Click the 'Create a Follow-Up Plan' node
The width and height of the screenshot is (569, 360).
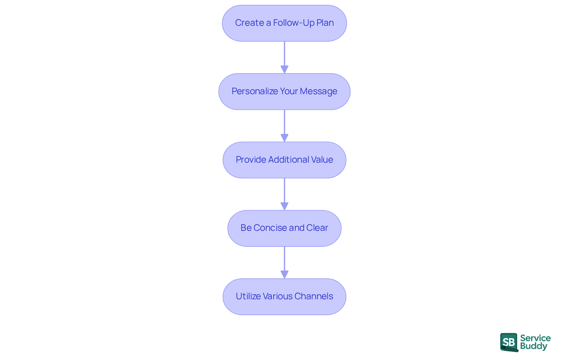tap(284, 23)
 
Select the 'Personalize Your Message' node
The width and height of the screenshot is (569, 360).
tap(284, 92)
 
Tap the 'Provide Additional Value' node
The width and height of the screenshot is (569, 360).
tap(284, 160)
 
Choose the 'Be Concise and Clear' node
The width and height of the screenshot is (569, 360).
tap(284, 228)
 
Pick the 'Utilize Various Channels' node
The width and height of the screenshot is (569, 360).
tap(284, 297)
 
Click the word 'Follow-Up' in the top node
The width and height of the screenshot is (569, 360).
tap(294, 23)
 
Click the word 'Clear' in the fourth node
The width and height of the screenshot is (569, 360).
tap(317, 228)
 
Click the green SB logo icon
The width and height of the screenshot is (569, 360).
tap(509, 342)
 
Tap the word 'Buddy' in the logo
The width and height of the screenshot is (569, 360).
tap(533, 346)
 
